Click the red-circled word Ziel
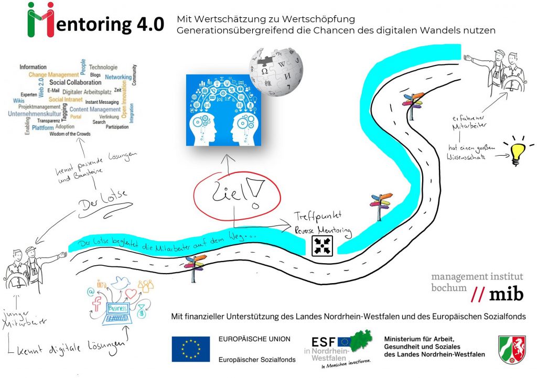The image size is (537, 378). [x=231, y=196]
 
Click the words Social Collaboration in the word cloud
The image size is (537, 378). [x=75, y=82]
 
